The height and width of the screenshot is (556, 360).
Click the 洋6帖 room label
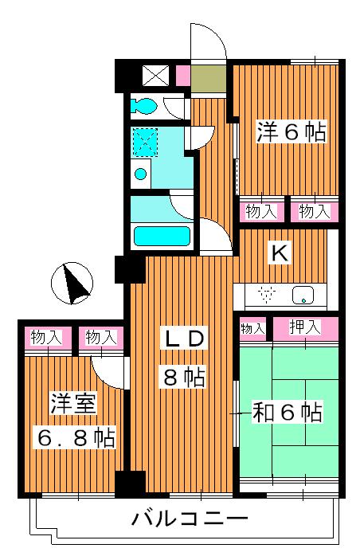coord(291,133)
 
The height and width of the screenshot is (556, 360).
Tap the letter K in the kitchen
coord(280,253)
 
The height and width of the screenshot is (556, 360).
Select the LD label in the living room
coord(185,339)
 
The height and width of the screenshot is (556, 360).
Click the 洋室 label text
coord(74,402)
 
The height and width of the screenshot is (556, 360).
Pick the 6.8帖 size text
coord(74,437)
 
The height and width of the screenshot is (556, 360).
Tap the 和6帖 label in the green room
coord(287,412)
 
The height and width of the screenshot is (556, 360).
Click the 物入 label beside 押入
coord(252,328)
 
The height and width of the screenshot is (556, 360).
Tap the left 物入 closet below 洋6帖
coord(260,211)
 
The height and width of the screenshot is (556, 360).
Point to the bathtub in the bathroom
coord(162,237)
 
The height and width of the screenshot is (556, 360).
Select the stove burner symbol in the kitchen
coord(267,295)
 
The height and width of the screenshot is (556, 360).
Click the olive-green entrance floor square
coord(209,79)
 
